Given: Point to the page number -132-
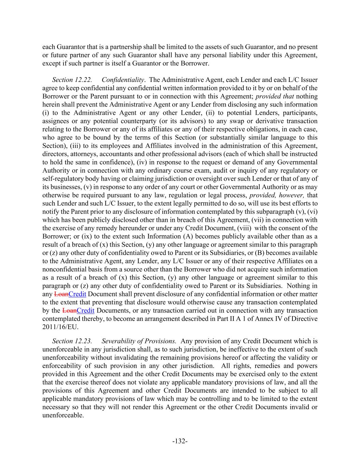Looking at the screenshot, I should click(x=180, y=441).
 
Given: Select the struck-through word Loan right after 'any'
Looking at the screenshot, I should click(x=61, y=294).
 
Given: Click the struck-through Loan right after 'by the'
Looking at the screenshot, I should click(x=69, y=311).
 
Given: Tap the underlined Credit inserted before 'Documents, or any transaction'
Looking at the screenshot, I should click(x=86, y=311).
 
